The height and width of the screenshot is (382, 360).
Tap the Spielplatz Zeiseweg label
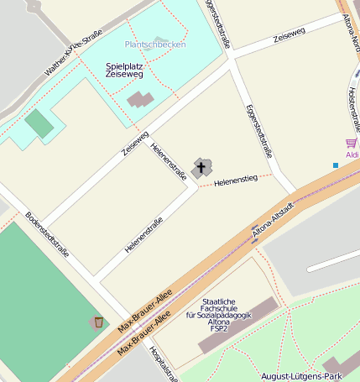coord(124,70)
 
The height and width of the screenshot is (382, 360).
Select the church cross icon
coord(201,168)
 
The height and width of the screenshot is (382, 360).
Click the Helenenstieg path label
coord(235,181)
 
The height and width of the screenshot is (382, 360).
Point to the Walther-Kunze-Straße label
coord(74,52)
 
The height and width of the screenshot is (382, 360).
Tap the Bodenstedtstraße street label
coord(47,233)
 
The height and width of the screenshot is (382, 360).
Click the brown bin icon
coord(98,322)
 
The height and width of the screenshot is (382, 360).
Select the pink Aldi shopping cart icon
coord(351,143)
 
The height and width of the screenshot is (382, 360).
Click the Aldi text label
coord(352,155)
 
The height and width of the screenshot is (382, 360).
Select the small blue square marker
coord(336,165)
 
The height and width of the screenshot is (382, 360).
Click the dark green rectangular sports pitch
coord(39,124)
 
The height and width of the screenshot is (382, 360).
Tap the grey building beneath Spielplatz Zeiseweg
coord(140,99)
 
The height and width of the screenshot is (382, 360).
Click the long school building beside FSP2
coord(237,325)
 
